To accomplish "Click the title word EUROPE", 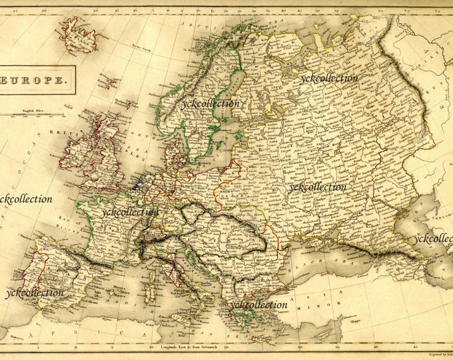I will pos(38,80).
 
